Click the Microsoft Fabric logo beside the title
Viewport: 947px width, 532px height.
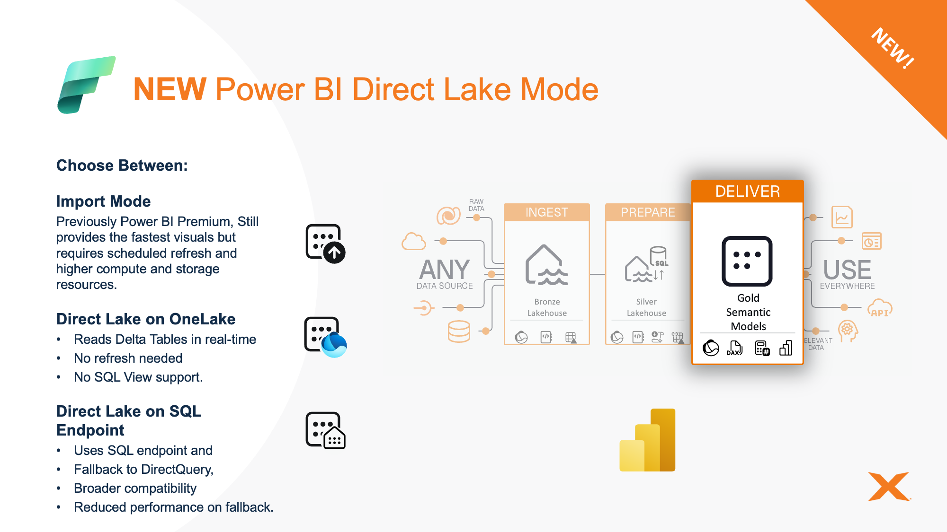[x=86, y=85]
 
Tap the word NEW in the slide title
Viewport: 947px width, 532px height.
[x=170, y=89]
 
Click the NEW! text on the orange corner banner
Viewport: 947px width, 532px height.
[x=893, y=48]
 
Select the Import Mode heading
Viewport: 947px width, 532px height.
[x=103, y=201]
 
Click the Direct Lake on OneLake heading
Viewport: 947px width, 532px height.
[x=146, y=319]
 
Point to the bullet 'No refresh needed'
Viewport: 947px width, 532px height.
[x=128, y=358]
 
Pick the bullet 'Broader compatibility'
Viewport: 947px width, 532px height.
[x=135, y=488]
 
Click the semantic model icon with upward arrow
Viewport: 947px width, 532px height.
[x=325, y=244]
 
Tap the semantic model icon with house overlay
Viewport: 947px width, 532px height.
[x=325, y=430]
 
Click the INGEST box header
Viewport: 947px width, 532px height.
[x=547, y=212]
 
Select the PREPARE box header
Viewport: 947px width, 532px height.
[x=648, y=212]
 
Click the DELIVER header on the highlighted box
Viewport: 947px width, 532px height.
[x=748, y=192]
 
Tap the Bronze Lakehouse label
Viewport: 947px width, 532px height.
[x=547, y=307]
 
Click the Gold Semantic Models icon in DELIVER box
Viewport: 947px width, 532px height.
[x=747, y=261]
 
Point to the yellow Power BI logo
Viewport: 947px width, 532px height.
[x=647, y=440]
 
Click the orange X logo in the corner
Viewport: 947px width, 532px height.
[x=889, y=486]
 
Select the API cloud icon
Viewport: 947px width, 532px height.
[x=880, y=308]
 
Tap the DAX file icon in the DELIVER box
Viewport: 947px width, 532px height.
[x=734, y=348]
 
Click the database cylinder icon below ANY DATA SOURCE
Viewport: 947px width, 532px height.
[x=459, y=331]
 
